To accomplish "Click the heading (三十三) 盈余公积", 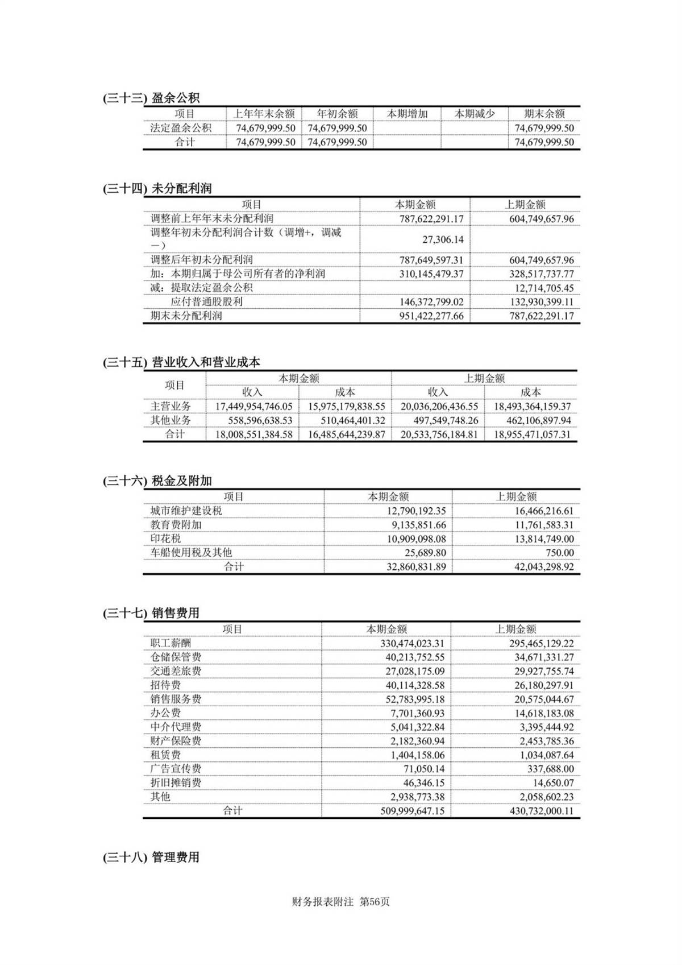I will (151, 98).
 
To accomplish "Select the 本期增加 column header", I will (407, 114).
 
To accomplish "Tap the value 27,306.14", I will (443, 239).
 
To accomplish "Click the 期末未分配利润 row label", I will (186, 316).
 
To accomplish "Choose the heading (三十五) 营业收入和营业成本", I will (181, 362).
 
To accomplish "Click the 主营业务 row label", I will (170, 406).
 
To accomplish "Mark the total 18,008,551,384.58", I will (253, 434).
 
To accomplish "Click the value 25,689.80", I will (425, 553).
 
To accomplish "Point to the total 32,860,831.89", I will (416, 567).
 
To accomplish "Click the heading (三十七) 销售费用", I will (151, 613).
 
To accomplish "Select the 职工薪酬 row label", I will (170, 643).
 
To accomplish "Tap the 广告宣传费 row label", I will (176, 769).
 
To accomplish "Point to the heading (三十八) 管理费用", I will (151, 857).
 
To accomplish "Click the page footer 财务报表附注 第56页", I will (340, 902).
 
